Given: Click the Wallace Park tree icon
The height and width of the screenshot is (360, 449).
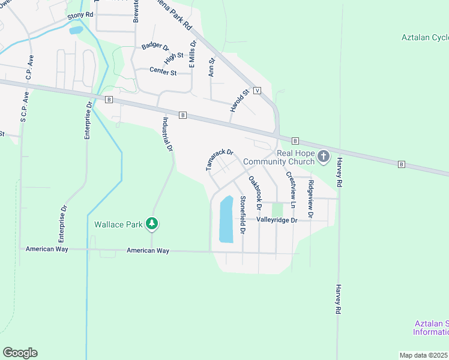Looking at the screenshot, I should click(x=152, y=224).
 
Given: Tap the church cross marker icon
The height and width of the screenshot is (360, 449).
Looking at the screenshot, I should click(x=324, y=157).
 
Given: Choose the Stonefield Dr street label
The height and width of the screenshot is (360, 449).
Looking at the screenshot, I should click(x=243, y=214).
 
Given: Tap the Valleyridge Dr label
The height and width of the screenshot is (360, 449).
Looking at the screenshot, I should click(x=277, y=220).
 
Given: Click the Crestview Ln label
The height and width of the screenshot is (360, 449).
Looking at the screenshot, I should click(x=291, y=190).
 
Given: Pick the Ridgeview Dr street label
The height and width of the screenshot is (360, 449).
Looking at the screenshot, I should click(x=310, y=199).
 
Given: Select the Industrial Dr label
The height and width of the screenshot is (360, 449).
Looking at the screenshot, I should click(x=167, y=134).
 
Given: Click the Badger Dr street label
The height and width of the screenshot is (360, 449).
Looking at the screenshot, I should click(x=155, y=46).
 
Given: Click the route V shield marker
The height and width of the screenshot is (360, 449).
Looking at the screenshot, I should click(x=257, y=91).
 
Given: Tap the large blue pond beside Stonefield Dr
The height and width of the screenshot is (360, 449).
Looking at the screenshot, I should click(x=226, y=219).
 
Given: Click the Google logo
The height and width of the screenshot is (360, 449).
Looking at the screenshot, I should click(x=20, y=353).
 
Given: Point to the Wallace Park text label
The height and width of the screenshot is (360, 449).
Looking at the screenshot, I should click(x=118, y=225).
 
